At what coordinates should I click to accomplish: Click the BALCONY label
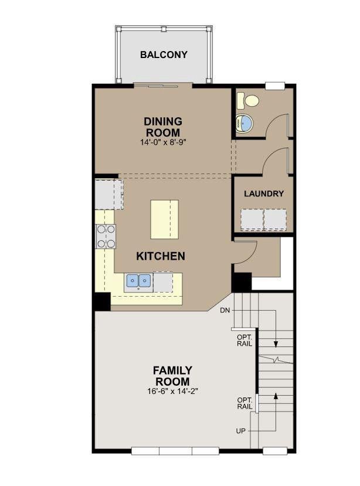point(164,55)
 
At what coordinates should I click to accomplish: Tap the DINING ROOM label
point(163,127)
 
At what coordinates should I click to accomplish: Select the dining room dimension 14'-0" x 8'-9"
point(163,142)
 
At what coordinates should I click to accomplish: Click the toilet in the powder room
point(248,100)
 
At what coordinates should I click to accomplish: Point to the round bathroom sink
point(244,123)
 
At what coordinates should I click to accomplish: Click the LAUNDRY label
point(264,193)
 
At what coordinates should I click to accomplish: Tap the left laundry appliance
point(252,219)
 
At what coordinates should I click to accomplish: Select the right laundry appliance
point(275,219)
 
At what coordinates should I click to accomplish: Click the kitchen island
point(164,219)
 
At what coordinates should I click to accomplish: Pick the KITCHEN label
point(161,256)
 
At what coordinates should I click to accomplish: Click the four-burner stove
point(106,236)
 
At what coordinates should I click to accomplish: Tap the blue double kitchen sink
point(138,281)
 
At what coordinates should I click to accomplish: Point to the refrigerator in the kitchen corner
point(109,194)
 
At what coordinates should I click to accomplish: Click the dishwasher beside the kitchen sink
point(163,282)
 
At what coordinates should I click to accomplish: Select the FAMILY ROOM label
point(172,376)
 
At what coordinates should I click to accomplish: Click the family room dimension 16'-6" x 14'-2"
point(173,391)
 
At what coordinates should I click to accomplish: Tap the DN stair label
point(225,310)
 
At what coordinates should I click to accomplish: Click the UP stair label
point(240,431)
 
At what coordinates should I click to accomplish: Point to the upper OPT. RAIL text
point(244,341)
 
